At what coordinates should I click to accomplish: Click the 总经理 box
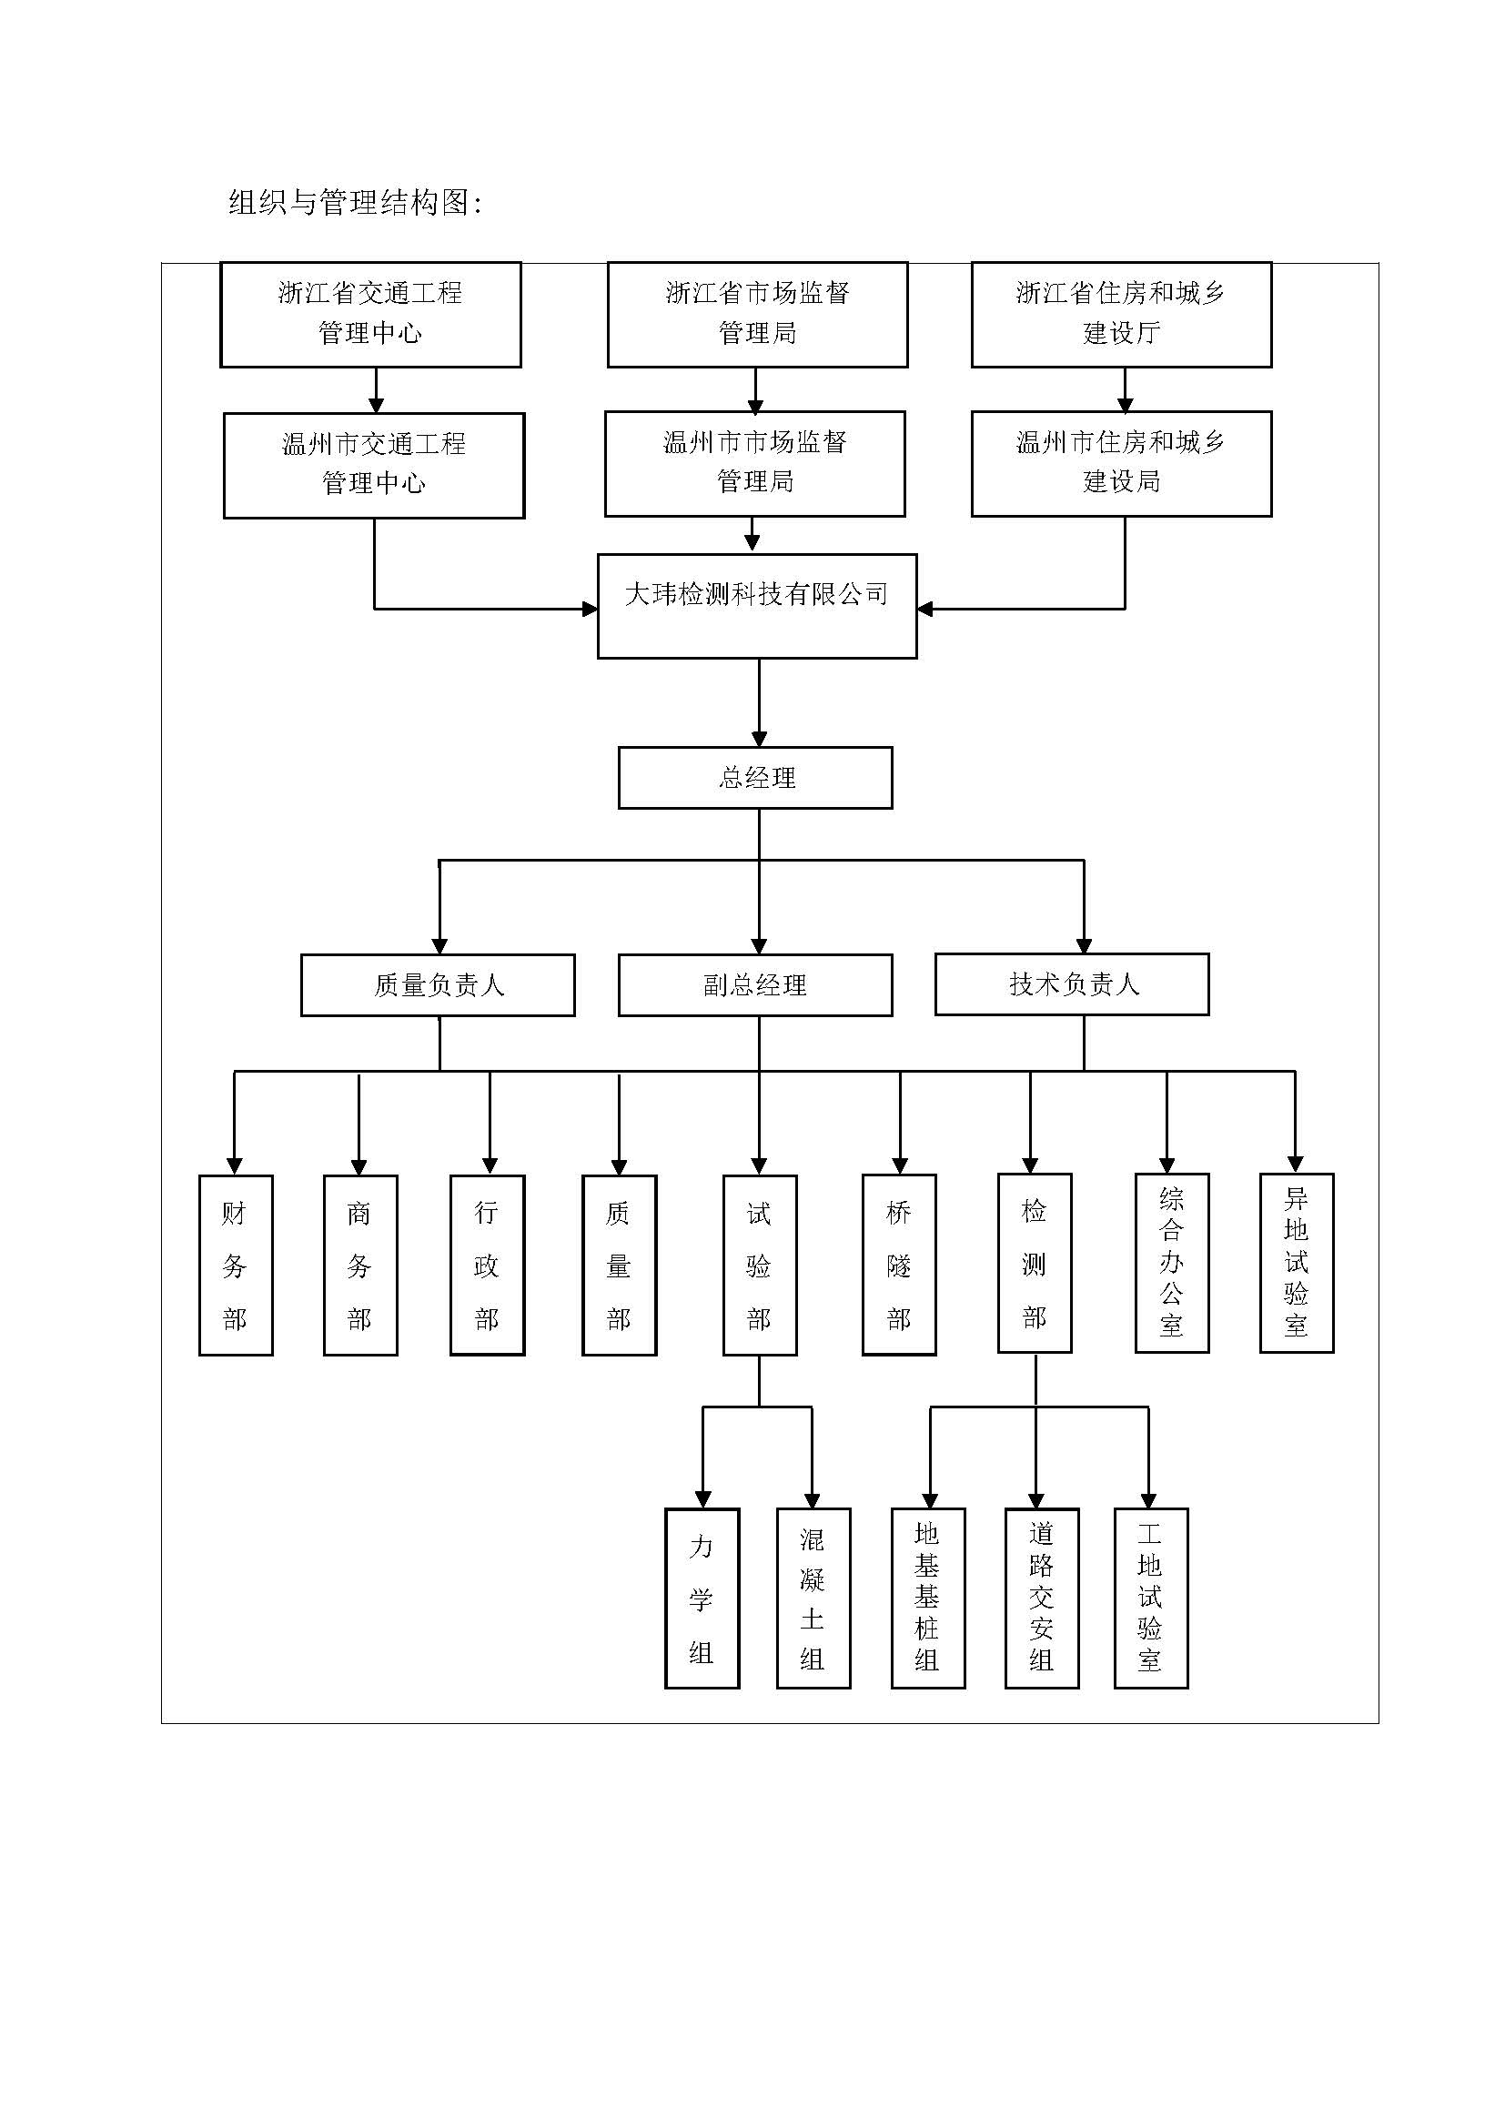point(755,778)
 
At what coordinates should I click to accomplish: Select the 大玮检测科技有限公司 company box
point(757,606)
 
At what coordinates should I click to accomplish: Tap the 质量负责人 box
point(438,985)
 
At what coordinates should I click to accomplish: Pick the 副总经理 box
point(755,985)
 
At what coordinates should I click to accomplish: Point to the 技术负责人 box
point(1072,984)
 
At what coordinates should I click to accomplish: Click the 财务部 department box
point(236,1266)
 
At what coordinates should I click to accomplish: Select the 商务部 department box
point(360,1266)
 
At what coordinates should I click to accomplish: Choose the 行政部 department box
point(488,1266)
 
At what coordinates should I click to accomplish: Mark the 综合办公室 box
point(1172,1263)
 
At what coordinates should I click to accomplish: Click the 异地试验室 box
point(1297,1263)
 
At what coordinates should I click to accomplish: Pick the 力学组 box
point(702,1598)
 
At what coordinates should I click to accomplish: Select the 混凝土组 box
point(813,1598)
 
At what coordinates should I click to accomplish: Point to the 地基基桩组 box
point(927,1598)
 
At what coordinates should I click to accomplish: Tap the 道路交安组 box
point(1042,1598)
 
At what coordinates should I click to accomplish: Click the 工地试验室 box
point(1151,1598)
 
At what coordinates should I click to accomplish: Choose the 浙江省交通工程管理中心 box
point(370,314)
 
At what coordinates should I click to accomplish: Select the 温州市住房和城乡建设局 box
point(1121,463)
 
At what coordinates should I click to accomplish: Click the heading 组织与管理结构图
point(355,202)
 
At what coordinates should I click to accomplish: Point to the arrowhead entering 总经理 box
point(759,739)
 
